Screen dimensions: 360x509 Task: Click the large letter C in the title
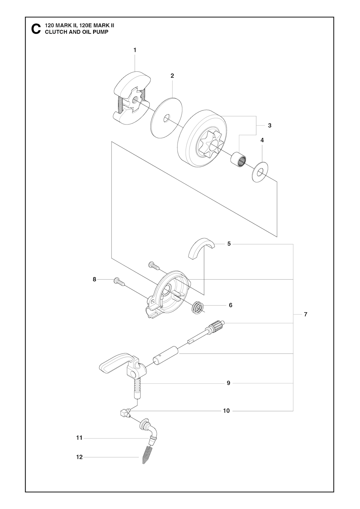pyautogui.click(x=36, y=29)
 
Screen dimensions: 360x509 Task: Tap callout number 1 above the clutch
pyautogui.click(x=135, y=50)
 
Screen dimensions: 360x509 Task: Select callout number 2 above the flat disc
pyautogui.click(x=172, y=76)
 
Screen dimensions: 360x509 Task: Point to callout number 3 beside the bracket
pyautogui.click(x=270, y=126)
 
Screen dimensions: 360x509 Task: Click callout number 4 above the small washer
pyautogui.click(x=262, y=140)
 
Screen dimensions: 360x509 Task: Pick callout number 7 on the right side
pyautogui.click(x=306, y=314)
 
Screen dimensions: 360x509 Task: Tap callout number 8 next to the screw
pyautogui.click(x=95, y=279)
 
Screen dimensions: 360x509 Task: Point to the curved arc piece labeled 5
pyautogui.click(x=202, y=248)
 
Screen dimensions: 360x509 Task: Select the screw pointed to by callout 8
pyautogui.click(x=119, y=282)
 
